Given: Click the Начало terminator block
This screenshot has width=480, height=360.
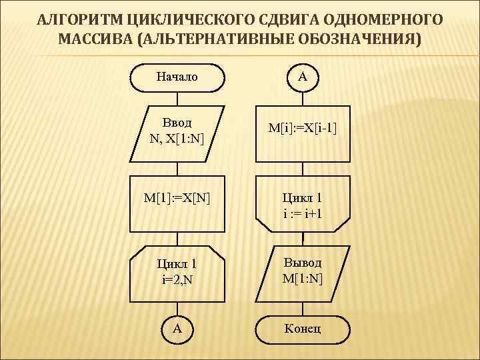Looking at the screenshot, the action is (177, 77).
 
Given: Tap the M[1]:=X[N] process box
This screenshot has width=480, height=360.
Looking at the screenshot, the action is (177, 198).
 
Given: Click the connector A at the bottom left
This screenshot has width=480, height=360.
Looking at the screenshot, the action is (177, 328).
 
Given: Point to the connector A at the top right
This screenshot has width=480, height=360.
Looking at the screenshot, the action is (302, 77).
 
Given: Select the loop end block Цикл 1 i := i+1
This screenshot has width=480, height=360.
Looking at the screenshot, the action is (302, 205).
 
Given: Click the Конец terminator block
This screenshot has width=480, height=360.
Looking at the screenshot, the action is (302, 328).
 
